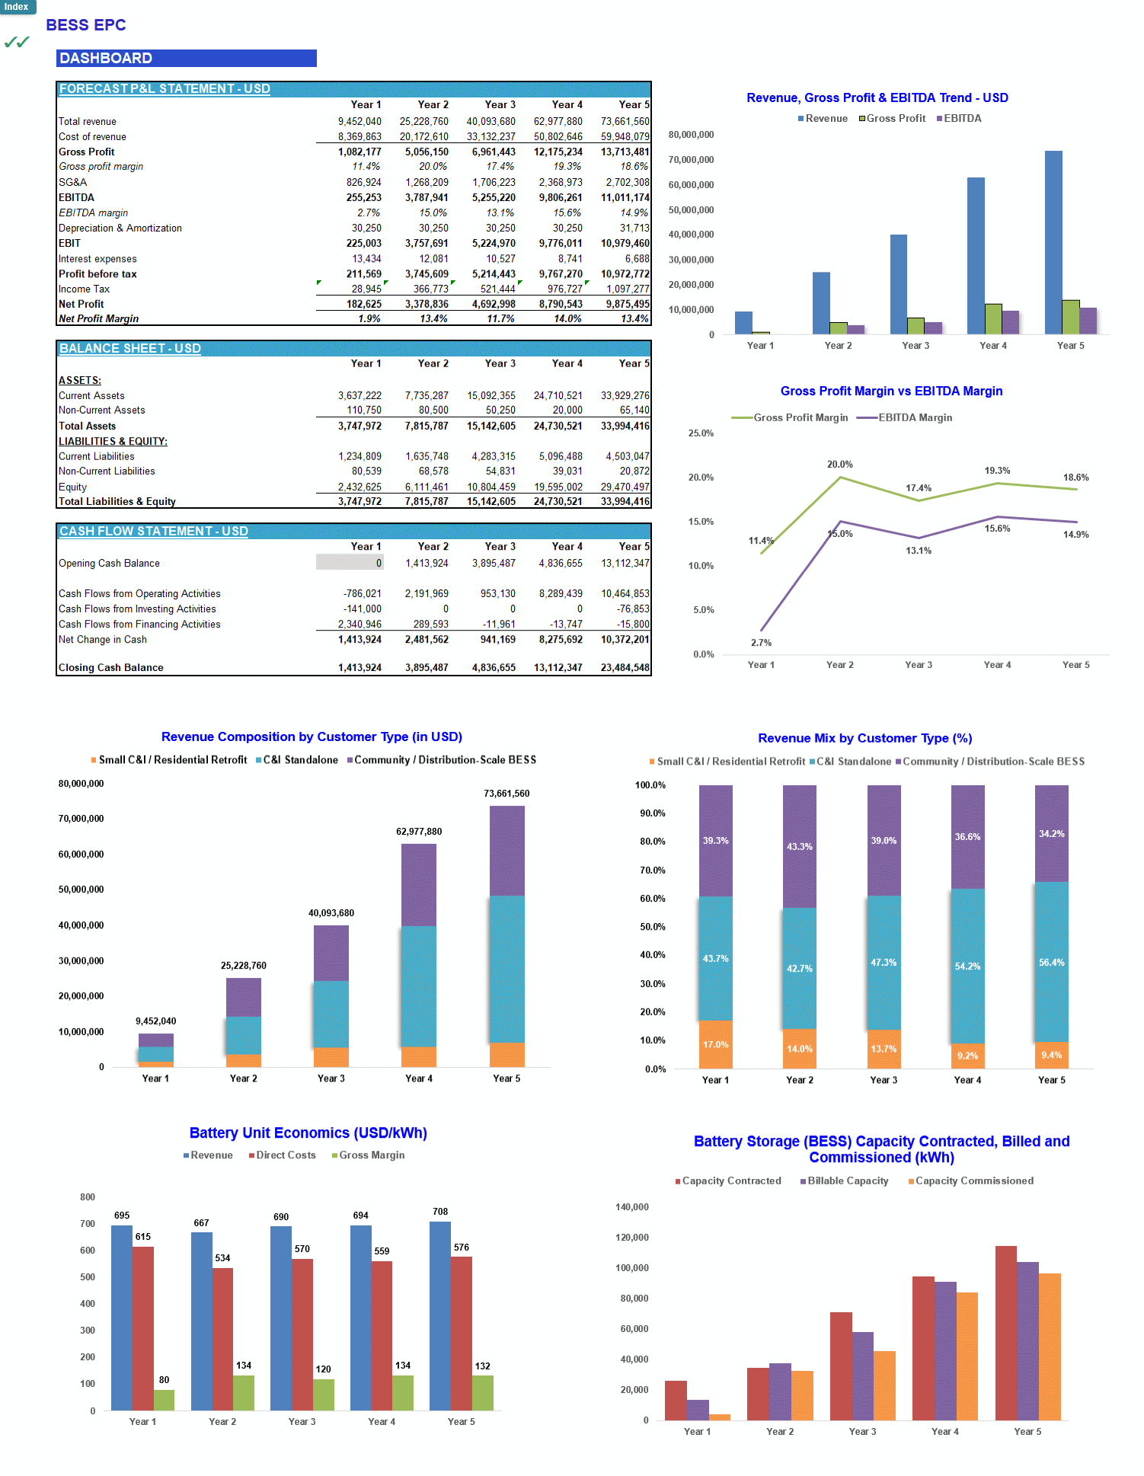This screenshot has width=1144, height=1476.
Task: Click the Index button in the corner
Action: [17, 7]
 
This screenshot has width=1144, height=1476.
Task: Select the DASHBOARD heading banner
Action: [186, 59]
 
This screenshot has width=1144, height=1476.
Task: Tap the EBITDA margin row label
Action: [93, 213]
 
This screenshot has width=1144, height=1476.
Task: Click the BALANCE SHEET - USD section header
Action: [130, 349]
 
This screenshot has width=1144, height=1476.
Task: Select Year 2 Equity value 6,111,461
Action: [427, 487]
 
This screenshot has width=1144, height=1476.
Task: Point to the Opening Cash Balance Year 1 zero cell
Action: [350, 564]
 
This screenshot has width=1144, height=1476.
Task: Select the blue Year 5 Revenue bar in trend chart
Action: [1053, 244]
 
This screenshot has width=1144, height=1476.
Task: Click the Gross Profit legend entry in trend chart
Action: [893, 119]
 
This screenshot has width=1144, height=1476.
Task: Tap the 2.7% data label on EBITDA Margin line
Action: [761, 643]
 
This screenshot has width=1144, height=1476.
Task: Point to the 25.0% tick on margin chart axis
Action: [701, 433]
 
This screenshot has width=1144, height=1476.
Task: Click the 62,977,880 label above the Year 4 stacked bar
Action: [419, 832]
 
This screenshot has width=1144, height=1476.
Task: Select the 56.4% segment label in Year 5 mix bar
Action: [1051, 963]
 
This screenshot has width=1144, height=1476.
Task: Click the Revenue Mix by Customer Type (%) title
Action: [864, 738]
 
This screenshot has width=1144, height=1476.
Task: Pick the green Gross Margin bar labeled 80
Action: [164, 1400]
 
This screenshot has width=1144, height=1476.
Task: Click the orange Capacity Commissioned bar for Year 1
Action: [719, 1417]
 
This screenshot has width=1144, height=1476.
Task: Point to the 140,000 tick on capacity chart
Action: [631, 1207]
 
